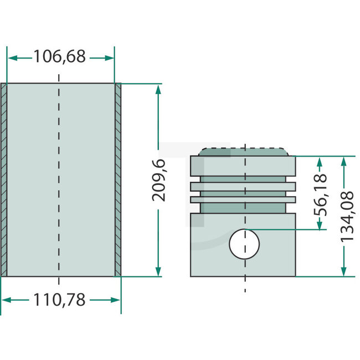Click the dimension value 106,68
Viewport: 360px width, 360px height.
[x=60, y=56]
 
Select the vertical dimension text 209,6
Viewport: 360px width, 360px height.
[x=159, y=180]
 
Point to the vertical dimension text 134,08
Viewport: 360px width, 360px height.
[x=346, y=216]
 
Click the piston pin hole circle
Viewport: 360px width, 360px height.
[x=244, y=244]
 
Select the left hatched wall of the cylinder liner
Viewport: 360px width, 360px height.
[x=4, y=180]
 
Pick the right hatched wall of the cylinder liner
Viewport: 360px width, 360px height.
[x=117, y=180]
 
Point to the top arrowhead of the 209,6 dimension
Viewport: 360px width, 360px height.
[x=159, y=89]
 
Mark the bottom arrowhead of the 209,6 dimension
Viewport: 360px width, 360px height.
[x=159, y=271]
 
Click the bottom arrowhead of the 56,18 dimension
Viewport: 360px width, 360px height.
[x=320, y=225]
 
